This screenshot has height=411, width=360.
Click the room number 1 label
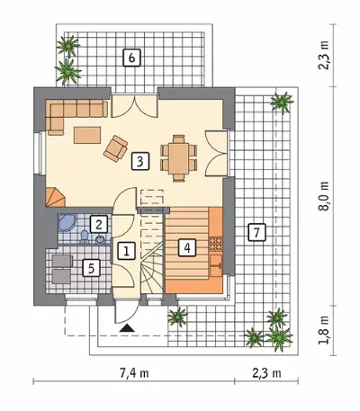click(126, 251)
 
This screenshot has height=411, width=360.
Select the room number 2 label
click(99, 224)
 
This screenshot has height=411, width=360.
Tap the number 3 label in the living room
click(139, 162)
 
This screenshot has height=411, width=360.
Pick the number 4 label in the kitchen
click(187, 247)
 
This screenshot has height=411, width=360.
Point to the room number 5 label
click(92, 267)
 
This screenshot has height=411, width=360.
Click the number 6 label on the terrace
click(131, 58)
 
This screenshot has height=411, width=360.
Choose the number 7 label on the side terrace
click(257, 232)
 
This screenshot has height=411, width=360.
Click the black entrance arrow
click(127, 328)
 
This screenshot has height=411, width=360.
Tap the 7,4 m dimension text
click(134, 373)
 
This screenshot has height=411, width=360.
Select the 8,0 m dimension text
click(324, 197)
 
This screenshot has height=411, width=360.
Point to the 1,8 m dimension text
click(324, 331)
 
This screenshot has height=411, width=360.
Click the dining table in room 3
click(178, 158)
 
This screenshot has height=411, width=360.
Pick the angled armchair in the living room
click(115, 148)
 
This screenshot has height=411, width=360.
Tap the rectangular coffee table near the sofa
click(87, 135)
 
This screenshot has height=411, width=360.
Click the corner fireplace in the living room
click(55, 198)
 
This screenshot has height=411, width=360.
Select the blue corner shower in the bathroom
click(67, 222)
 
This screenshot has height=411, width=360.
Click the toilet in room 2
click(84, 237)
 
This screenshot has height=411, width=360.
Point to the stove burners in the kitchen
click(215, 244)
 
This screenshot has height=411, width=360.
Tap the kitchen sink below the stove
click(216, 265)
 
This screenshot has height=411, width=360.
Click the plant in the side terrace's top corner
click(282, 103)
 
